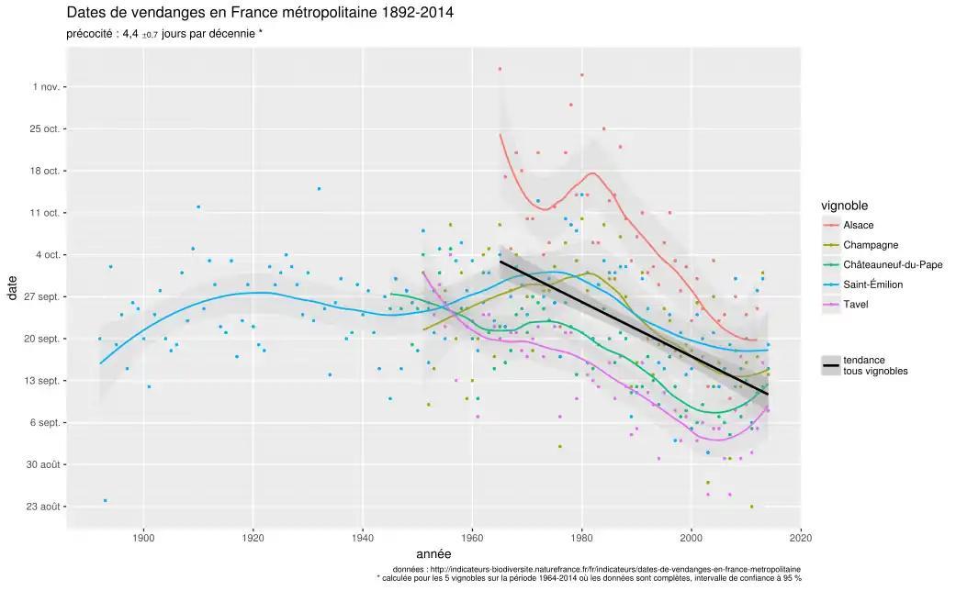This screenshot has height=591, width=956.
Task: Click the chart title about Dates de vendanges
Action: [260, 14]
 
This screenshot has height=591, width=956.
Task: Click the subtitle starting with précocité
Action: [165, 34]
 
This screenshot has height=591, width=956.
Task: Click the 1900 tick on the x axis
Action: [142, 538]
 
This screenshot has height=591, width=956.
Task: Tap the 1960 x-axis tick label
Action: [472, 538]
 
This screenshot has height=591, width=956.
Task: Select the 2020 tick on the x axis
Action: [801, 538]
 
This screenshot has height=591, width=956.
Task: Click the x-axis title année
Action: [433, 554]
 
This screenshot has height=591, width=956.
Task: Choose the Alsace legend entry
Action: [858, 225]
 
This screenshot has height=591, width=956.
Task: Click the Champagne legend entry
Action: [870, 245]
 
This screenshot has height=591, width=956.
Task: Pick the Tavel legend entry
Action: [855, 305]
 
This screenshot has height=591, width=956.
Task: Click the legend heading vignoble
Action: [845, 206]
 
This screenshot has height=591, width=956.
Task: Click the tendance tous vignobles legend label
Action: [874, 366]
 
